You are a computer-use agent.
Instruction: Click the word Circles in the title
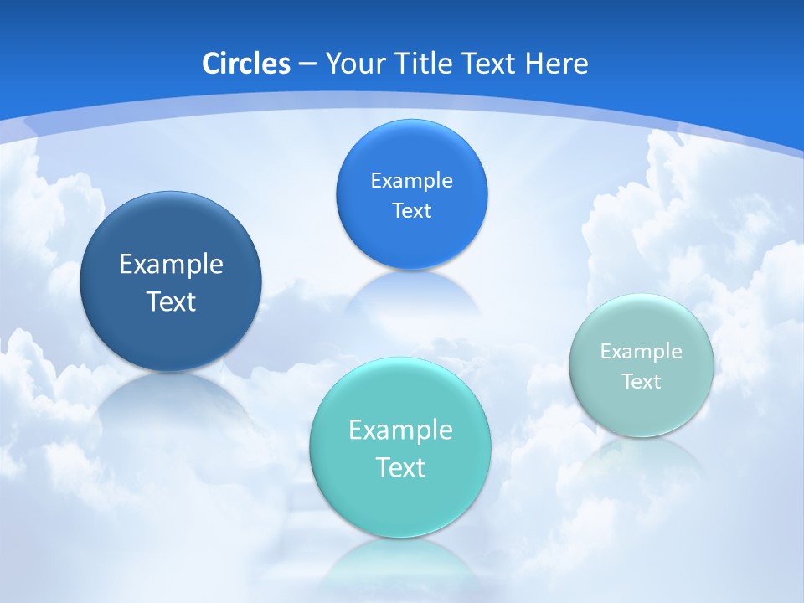click(245, 64)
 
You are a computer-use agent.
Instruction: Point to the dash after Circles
click(307, 64)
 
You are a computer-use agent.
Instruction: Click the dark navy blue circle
click(171, 322)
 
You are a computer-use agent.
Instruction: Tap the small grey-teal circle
click(642, 410)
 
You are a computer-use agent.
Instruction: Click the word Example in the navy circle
click(171, 265)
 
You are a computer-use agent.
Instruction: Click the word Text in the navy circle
click(171, 301)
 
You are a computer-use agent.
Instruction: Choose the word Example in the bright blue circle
click(411, 181)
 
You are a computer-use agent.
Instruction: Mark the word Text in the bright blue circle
click(411, 210)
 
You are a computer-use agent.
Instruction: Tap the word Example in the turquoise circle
click(400, 430)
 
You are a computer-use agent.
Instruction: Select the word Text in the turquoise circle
click(400, 467)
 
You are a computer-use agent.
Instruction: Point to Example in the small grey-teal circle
click(642, 352)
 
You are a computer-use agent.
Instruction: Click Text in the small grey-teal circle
click(642, 382)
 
